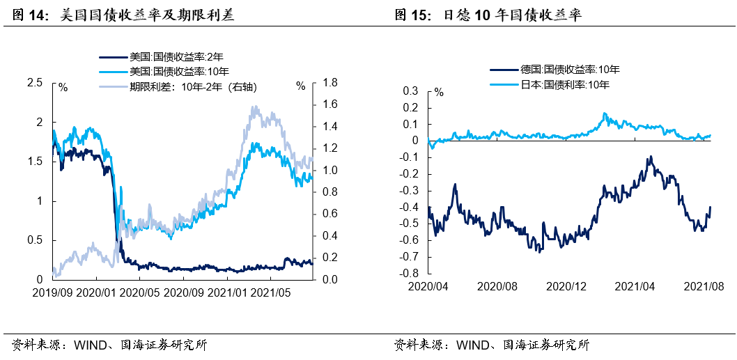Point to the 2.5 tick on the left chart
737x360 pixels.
(x=34, y=83)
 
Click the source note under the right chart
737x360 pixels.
(x=491, y=345)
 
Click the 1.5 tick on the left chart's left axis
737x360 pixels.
(x=34, y=162)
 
